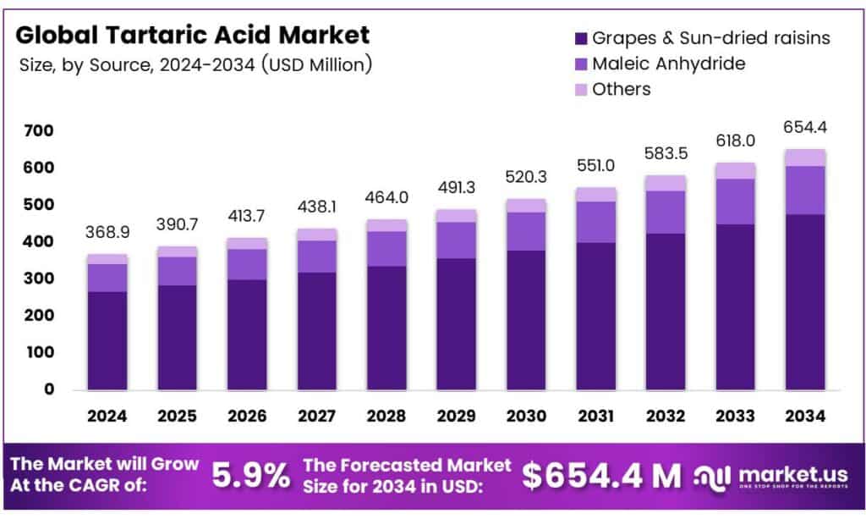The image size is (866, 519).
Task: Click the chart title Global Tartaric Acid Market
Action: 193,36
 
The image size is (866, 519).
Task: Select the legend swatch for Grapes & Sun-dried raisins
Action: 580,38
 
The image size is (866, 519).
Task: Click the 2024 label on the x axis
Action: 107,416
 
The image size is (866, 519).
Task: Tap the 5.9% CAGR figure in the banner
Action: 250,476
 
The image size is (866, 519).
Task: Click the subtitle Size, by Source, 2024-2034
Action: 195,65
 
